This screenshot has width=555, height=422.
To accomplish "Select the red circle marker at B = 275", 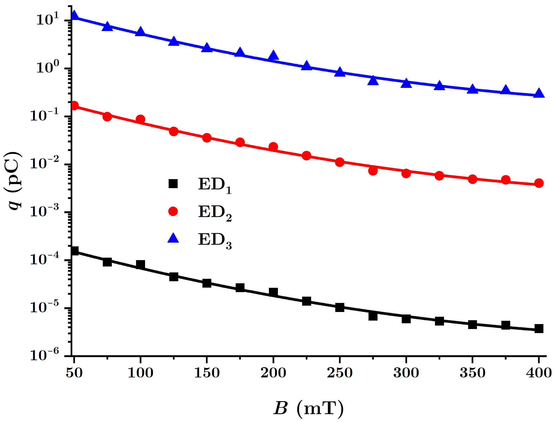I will [x=373, y=171].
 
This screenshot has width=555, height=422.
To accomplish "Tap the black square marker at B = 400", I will [x=539, y=329].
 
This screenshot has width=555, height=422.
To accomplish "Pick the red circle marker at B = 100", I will [x=140, y=119].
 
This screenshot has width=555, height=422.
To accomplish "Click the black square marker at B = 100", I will [x=140, y=265].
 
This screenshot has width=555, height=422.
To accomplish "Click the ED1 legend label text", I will [x=215, y=185].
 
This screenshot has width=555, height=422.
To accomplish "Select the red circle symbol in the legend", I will [x=173, y=211].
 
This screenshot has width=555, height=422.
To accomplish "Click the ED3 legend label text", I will [x=215, y=240].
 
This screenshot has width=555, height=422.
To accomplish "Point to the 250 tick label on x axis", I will [x=340, y=373].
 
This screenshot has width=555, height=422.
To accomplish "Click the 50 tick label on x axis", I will [x=74, y=373].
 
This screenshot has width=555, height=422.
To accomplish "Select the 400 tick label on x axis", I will [x=539, y=373].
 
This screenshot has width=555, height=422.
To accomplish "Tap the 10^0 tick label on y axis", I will [x=48, y=67].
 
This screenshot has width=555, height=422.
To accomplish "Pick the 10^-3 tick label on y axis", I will [x=44, y=211].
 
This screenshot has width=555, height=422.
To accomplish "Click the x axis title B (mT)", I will [x=308, y=408].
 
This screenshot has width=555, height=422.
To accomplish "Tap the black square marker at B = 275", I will [x=373, y=316].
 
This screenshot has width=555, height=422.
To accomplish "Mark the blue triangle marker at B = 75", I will [x=107, y=26].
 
